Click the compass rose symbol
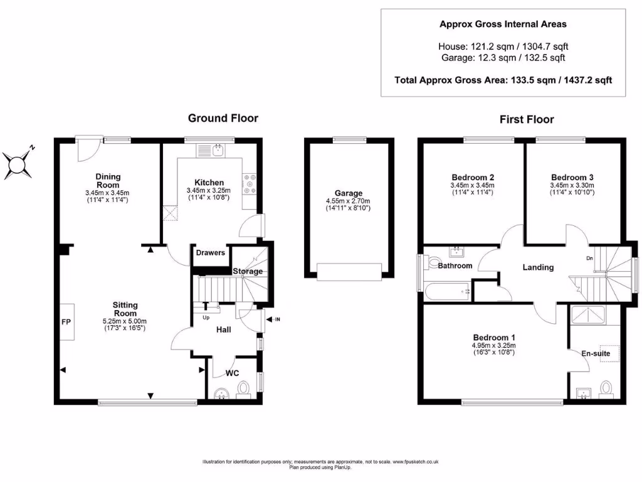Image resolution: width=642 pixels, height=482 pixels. [x=18, y=163]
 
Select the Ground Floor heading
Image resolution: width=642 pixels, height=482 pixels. [x=223, y=118]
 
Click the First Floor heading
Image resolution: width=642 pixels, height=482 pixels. [x=527, y=119]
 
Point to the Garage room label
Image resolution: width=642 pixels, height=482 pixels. [x=348, y=193]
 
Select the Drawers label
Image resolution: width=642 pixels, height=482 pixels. [x=210, y=253]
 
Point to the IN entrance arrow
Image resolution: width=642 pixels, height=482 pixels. [x=272, y=320]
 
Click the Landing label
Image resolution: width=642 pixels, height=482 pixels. [x=538, y=267]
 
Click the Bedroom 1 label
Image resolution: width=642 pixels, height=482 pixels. [x=495, y=336]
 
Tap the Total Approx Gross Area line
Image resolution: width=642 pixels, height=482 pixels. [x=503, y=80]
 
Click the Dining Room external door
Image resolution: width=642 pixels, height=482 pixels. [x=88, y=147]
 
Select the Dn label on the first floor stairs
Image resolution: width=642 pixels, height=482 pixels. [x=589, y=258]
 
